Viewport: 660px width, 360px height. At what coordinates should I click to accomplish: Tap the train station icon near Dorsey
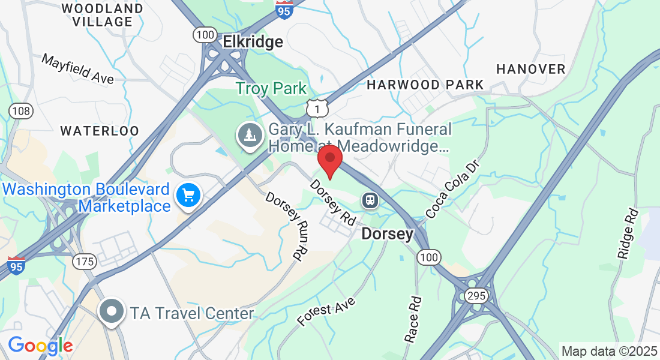[x=370, y=200]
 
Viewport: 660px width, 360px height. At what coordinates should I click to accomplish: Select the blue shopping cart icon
[x=188, y=196]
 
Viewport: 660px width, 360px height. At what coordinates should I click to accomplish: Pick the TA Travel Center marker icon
[x=112, y=312]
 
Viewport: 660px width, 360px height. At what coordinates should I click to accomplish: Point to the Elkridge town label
[x=253, y=41]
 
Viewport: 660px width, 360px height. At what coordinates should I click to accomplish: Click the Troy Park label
[x=271, y=88]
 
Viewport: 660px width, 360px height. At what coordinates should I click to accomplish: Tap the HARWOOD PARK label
[x=425, y=85]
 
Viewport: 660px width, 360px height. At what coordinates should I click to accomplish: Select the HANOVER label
[x=531, y=69]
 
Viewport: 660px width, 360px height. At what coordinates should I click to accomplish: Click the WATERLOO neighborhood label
[x=100, y=130]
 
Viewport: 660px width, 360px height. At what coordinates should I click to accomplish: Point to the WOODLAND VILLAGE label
[x=103, y=15]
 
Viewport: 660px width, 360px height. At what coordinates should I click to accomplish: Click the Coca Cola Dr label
[x=454, y=188]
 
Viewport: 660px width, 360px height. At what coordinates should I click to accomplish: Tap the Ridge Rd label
[x=628, y=233]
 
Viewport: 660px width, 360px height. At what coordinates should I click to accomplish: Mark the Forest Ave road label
[x=326, y=311]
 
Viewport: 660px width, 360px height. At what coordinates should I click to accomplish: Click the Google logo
[x=40, y=346]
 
